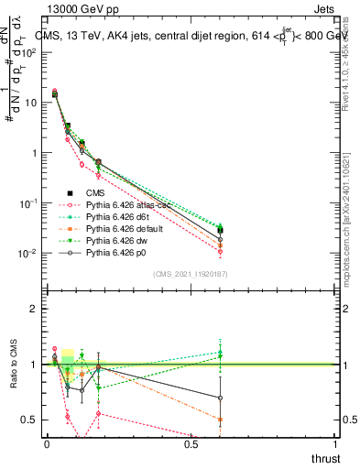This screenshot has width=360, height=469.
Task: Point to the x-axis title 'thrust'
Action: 324,457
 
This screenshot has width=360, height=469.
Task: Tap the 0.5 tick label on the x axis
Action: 191,444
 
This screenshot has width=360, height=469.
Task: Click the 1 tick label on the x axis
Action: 336,444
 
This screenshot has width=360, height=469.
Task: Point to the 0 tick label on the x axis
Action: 47,444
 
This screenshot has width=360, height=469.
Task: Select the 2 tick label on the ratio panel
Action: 34,309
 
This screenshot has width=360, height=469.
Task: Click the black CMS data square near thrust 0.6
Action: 220,230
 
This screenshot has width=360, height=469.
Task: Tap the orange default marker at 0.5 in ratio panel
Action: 220,420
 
